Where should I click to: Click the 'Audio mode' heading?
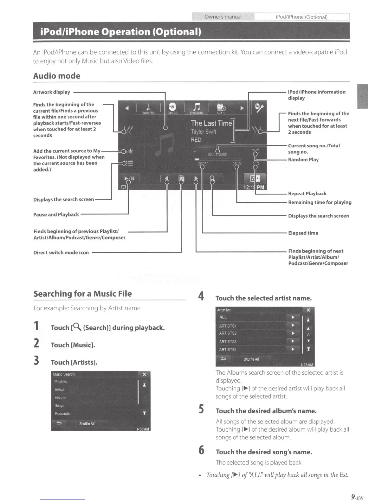[57, 76]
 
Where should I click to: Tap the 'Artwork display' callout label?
[52, 92]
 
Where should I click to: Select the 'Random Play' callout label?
[303, 160]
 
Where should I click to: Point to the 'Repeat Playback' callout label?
[307, 194]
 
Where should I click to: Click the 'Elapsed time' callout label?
[303, 233]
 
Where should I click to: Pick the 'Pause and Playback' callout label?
[56, 215]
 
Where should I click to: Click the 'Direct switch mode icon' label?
[61, 253]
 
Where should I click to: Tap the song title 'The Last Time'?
[211, 123]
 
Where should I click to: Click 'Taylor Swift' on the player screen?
[204, 132]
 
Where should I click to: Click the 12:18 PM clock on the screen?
[254, 187]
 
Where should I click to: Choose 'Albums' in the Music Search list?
[61, 398]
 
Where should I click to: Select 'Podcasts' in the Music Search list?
[62, 414]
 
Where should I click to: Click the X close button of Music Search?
[144, 374]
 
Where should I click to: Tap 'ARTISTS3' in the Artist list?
[228, 342]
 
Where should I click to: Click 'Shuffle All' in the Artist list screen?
[251, 359]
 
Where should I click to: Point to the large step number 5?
[201, 409]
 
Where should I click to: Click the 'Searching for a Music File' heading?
[82, 294]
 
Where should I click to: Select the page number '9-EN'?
[357, 497]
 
